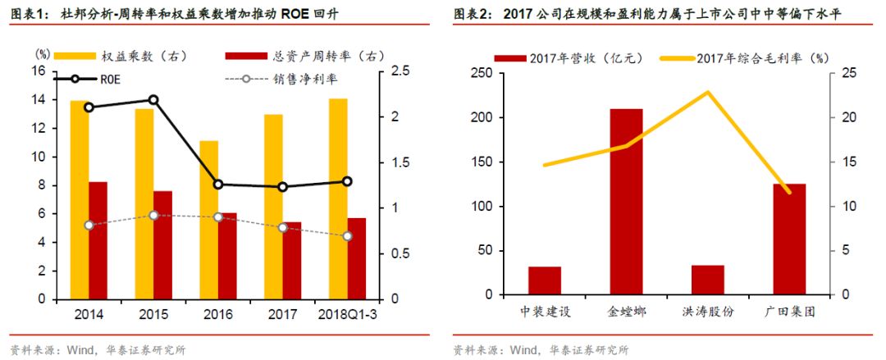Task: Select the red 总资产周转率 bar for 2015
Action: [x=162, y=244]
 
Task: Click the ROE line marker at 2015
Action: [x=153, y=100]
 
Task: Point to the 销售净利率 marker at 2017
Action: [x=283, y=227]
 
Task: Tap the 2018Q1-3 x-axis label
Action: [x=348, y=314]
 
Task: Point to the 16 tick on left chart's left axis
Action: [x=38, y=71]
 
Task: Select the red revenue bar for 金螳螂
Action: [x=626, y=201]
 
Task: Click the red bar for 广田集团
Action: [x=789, y=239]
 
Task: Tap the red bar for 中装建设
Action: [x=544, y=280]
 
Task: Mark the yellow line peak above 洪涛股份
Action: [x=707, y=92]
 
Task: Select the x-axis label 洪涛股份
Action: [x=707, y=312]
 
